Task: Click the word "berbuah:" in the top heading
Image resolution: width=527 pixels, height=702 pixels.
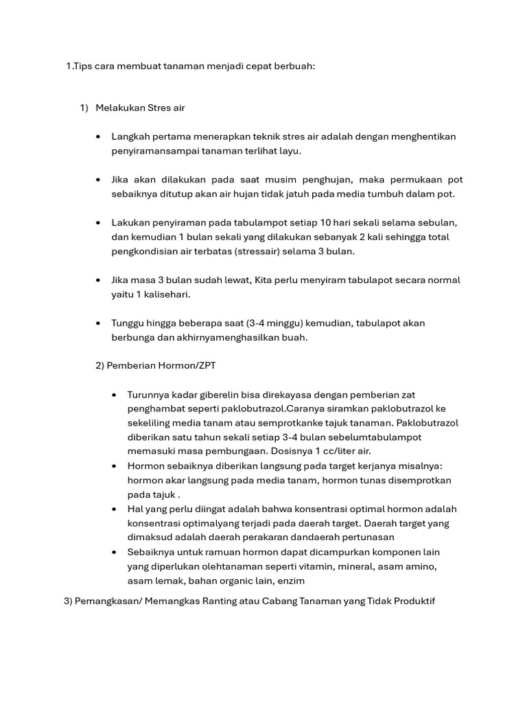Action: coord(294,66)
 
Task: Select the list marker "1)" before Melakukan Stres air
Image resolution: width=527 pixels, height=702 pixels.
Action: coord(84,108)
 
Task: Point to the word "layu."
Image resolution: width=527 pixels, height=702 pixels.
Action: coord(289,151)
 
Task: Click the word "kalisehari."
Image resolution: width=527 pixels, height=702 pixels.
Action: coord(164,294)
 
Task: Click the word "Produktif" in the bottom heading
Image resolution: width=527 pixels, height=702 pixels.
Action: coord(412,601)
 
